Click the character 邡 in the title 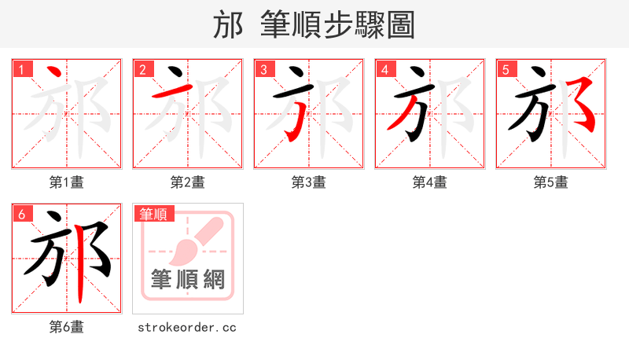point(228,25)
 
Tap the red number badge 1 point(21,70)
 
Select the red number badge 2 point(142,70)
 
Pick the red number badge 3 point(263,70)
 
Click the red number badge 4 point(384,70)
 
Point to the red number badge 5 point(506,70)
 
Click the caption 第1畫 point(67,182)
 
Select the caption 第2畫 point(188,182)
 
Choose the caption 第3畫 point(309,182)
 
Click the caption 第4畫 point(430,182)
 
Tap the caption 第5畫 point(551,182)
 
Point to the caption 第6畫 point(67,327)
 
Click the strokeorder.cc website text point(188,327)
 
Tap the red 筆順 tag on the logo point(153,214)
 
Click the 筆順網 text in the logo point(188,279)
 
